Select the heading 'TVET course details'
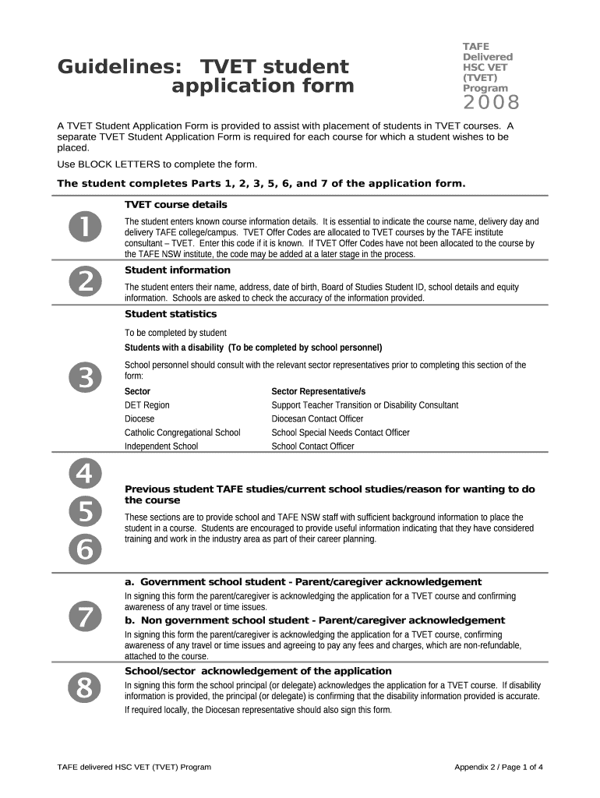176,205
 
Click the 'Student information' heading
178,270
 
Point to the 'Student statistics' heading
171,314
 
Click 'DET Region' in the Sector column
147,405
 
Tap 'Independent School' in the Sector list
161,447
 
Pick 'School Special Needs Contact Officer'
341,433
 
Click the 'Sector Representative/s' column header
318,391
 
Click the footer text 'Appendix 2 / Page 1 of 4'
499,767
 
